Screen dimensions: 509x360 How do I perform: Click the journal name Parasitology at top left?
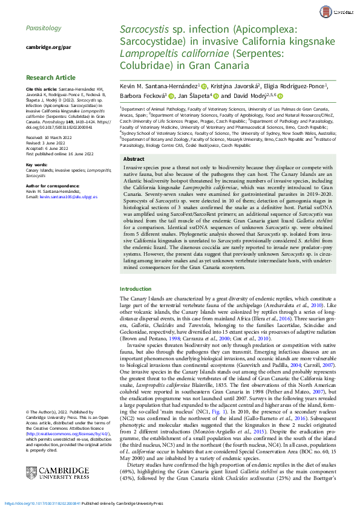click(44, 28)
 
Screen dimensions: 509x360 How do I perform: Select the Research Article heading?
click(50, 77)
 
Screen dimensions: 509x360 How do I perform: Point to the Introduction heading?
click(136, 289)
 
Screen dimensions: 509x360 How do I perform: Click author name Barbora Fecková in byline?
click(142, 96)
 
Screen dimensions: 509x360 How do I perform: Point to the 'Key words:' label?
click(37, 164)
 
